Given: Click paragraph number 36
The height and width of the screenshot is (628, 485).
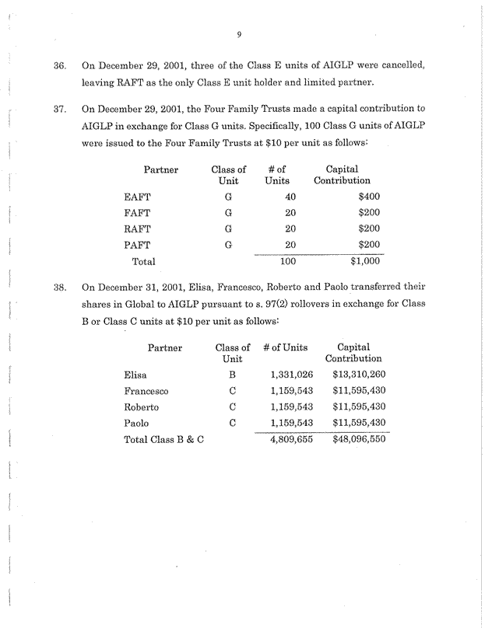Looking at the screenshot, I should [x=58, y=62].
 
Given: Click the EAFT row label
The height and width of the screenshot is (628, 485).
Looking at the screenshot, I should [x=138, y=197].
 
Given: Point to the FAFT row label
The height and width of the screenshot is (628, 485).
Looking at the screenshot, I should [x=138, y=212].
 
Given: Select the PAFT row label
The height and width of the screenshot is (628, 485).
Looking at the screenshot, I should [x=138, y=245].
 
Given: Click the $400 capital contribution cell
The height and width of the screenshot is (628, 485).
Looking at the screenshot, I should [x=368, y=197].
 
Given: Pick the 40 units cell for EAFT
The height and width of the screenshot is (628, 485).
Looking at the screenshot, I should [x=289, y=197].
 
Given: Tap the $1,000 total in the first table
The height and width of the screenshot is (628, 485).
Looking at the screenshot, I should [x=364, y=262].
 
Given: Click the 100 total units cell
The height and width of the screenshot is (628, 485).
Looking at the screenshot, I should [x=288, y=262].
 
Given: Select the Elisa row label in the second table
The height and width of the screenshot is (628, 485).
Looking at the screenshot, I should [x=136, y=375].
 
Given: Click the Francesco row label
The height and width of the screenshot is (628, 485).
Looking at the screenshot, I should [x=146, y=390].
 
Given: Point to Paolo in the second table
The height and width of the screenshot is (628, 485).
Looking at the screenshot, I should [x=138, y=424].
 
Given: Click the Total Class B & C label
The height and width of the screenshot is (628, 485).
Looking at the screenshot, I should [x=163, y=440].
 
